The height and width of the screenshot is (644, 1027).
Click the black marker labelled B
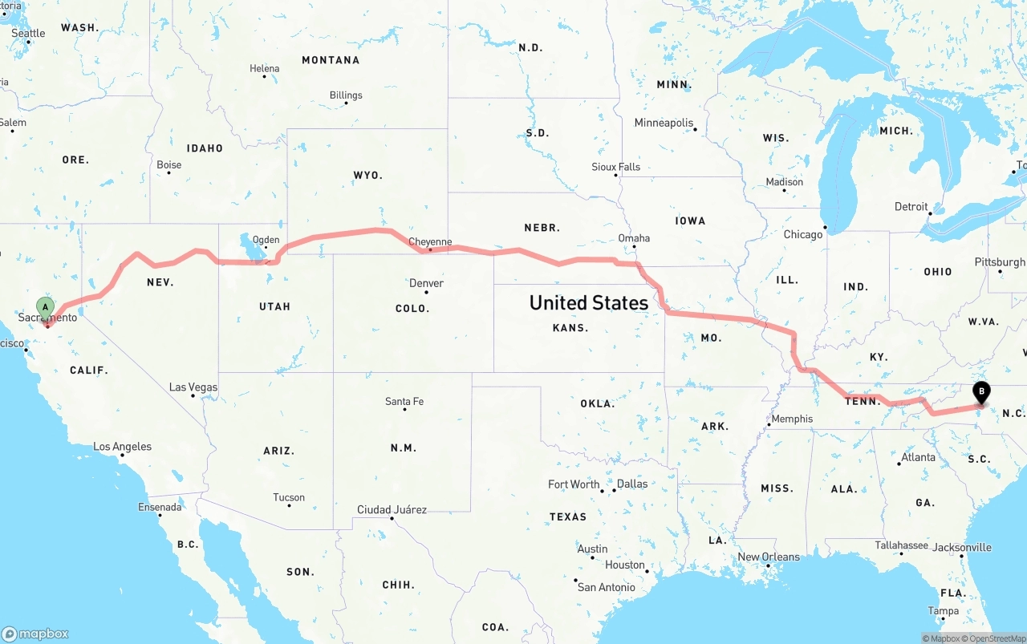(x=980, y=392)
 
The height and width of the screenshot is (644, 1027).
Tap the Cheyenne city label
(x=430, y=241)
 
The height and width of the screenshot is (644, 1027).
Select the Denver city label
(x=426, y=283)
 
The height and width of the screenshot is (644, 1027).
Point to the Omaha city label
(x=634, y=238)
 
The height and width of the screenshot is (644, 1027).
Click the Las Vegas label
(x=193, y=387)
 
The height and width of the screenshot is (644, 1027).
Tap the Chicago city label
(x=803, y=234)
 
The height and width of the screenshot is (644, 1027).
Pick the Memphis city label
(x=792, y=419)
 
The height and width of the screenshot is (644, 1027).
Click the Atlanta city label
(x=918, y=457)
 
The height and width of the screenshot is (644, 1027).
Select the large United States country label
(x=589, y=302)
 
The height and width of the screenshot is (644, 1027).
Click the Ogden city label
(x=266, y=240)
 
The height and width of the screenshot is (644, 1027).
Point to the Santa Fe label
(x=404, y=401)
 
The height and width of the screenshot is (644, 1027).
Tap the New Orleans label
(x=769, y=557)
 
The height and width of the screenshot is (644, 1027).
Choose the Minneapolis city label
(x=664, y=123)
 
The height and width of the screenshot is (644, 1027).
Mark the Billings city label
(x=346, y=95)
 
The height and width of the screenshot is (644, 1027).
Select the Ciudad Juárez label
(x=392, y=509)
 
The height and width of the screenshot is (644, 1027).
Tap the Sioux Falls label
(x=616, y=167)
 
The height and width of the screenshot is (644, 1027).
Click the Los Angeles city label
(x=122, y=447)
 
